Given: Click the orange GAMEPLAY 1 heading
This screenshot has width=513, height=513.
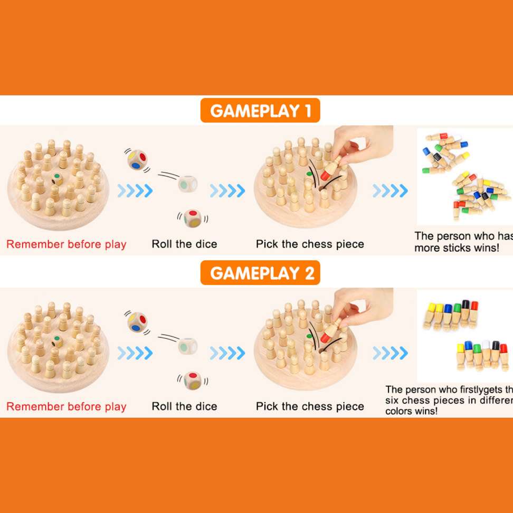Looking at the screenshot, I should (260, 111).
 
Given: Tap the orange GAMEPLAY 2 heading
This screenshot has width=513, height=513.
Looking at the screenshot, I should (260, 273).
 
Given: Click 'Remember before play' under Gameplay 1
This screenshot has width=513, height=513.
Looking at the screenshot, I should (66, 244).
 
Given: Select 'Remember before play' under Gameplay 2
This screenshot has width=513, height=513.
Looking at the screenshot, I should (66, 406).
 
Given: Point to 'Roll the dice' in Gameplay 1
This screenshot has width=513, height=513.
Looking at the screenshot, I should (184, 244).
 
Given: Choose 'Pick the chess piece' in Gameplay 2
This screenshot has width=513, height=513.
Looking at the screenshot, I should (310, 406).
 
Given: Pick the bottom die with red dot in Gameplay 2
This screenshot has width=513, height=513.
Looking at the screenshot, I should (193, 379).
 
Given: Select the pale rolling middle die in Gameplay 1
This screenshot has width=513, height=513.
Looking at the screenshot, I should (187, 183).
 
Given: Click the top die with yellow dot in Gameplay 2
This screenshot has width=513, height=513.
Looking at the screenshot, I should (137, 321).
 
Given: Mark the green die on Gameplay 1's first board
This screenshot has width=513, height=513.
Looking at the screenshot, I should (58, 179).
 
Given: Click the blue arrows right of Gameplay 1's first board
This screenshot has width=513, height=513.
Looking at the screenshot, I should (135, 191).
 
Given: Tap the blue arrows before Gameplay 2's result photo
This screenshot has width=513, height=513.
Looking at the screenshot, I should (389, 353).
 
